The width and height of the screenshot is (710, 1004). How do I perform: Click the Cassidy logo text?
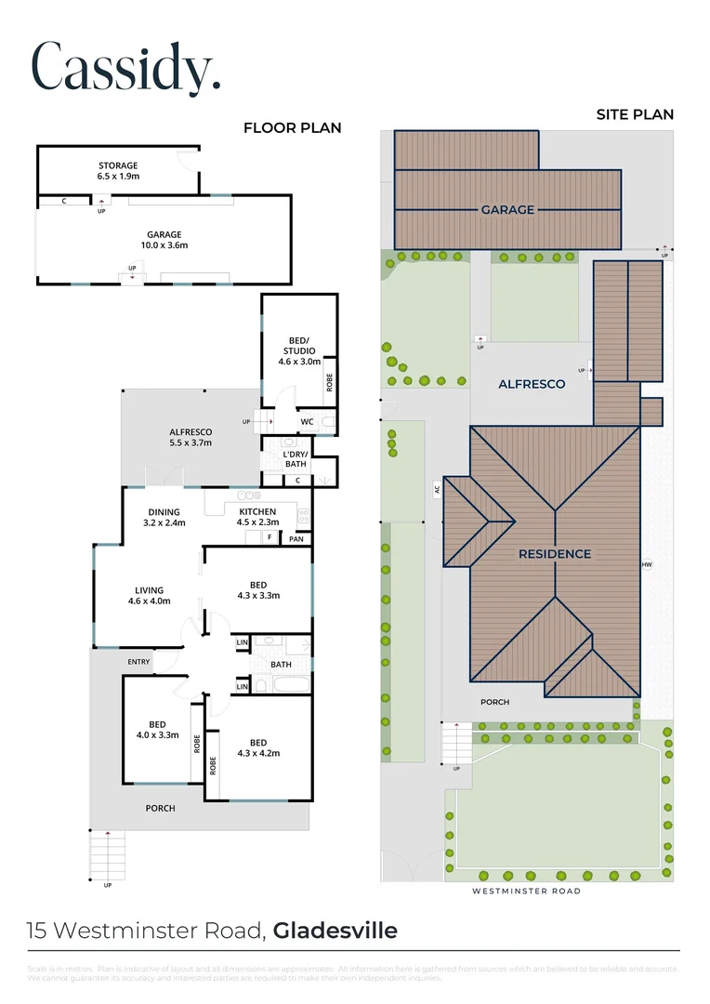(125, 66)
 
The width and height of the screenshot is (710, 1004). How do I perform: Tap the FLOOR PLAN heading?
(292, 128)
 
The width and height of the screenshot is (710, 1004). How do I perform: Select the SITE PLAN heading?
(635, 114)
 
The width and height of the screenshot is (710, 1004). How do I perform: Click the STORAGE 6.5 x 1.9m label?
(118, 170)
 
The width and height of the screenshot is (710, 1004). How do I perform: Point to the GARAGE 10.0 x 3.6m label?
(164, 240)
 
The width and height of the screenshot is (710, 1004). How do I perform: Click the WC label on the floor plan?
(307, 421)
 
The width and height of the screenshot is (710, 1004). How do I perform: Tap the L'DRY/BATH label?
(296, 458)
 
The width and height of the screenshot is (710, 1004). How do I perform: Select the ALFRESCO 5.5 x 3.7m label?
(191, 437)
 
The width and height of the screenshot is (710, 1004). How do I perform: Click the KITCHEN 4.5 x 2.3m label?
(257, 517)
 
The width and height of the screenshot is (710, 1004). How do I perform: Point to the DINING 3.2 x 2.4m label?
(164, 517)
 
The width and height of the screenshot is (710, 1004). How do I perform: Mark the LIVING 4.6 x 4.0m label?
(149, 595)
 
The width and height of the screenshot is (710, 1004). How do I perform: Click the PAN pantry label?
(296, 538)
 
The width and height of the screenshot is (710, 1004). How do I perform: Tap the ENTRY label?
(138, 661)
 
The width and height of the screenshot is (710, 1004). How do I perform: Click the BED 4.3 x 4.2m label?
(258, 746)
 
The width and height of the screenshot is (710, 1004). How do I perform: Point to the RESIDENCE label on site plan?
(554, 554)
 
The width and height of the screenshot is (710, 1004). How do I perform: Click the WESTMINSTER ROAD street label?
(526, 891)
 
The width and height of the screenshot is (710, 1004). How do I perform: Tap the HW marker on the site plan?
(647, 564)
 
